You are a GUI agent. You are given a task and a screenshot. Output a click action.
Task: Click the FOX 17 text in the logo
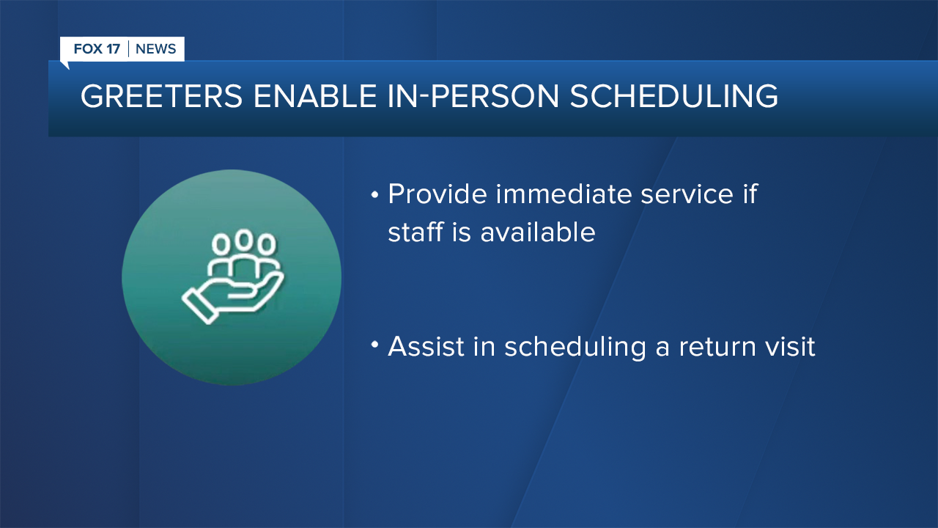97,49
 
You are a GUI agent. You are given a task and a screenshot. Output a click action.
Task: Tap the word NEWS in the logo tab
156,49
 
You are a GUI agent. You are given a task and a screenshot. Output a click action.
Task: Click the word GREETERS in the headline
161,96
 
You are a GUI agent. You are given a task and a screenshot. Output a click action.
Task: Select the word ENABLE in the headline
315,96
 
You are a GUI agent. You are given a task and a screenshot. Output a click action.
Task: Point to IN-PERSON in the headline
473,96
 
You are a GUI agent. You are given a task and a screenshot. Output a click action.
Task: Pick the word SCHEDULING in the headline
673,96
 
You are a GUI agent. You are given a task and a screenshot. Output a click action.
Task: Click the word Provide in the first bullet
437,194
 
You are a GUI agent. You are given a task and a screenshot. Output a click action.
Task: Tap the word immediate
564,194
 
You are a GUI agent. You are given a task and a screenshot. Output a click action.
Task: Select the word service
687,195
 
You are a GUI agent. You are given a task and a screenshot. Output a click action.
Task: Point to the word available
538,232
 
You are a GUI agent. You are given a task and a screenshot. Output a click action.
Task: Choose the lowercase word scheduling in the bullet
575,348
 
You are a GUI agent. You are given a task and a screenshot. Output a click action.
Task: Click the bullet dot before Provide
374,194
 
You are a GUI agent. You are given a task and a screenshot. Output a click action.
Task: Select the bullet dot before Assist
374,345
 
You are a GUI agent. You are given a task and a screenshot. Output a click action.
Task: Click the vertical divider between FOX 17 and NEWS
128,49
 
